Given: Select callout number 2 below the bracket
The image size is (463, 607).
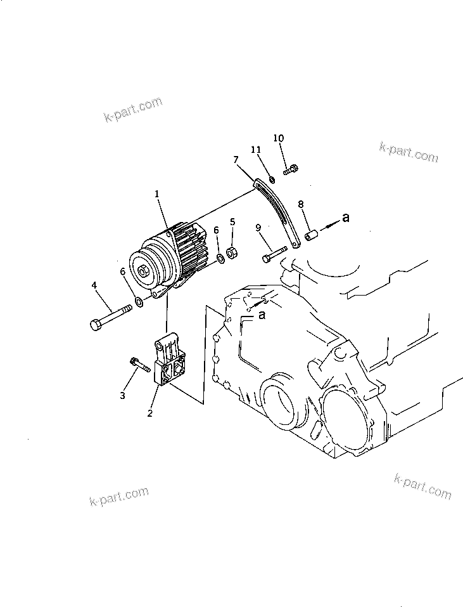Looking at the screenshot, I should pos(150,413).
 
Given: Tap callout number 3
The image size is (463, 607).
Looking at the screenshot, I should pos(123,395).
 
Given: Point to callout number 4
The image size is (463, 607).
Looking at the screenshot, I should pos(94,286).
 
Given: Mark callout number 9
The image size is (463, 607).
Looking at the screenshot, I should pos(258,228).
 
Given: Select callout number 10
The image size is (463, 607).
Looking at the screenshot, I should pos(279,138).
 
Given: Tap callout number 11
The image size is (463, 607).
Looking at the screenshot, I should pos(256,150).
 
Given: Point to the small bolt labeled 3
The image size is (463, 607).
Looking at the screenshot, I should pos(140,363).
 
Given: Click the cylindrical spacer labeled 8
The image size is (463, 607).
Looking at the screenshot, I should pos(311,236).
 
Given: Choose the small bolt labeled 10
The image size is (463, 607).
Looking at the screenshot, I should pos(291,169).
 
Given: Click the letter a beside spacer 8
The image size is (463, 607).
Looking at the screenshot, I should pos(345,218).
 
